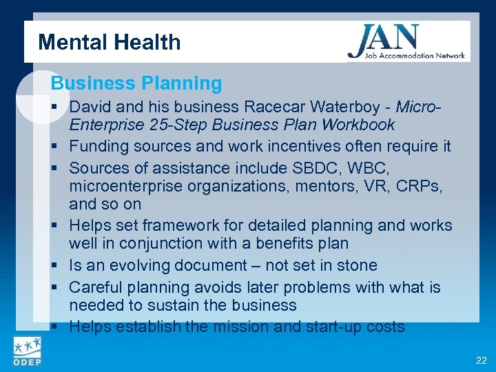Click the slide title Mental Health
[x=110, y=43]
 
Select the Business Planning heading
[x=136, y=83]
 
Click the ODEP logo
[x=25, y=351]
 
